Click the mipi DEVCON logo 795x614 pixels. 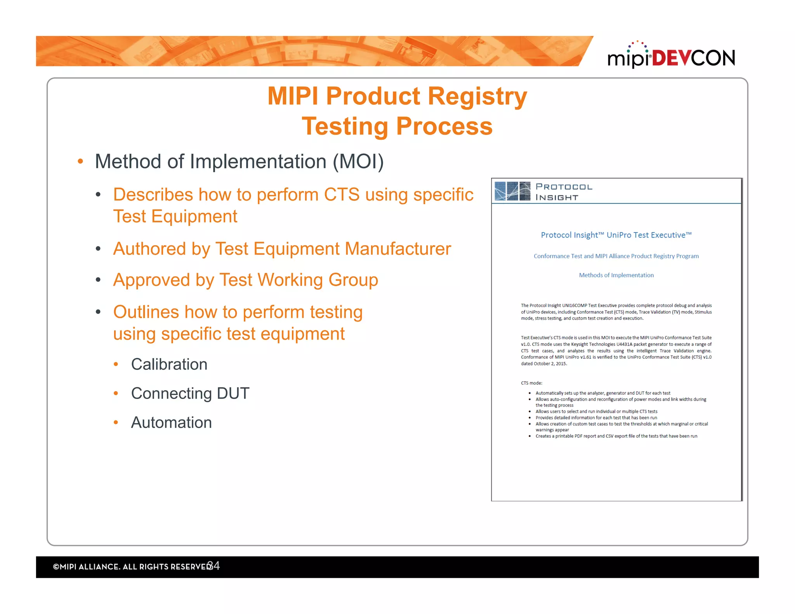pyautogui.click(x=671, y=57)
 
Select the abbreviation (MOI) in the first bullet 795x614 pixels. pyautogui.click(x=358, y=161)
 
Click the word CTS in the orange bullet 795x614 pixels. pyautogui.click(x=342, y=194)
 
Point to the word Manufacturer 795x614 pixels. pyautogui.click(x=398, y=249)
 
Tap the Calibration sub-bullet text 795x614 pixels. pyautogui.click(x=169, y=364)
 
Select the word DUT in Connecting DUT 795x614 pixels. pyautogui.click(x=233, y=394)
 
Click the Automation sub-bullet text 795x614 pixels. pyautogui.click(x=171, y=423)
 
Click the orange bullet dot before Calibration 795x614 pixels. pyautogui.click(x=116, y=364)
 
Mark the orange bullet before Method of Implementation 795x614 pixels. pyautogui.click(x=80, y=161)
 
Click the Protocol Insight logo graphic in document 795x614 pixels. pyautogui.click(x=512, y=191)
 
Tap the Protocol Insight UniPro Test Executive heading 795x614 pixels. pyautogui.click(x=616, y=235)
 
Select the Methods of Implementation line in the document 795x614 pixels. pyautogui.click(x=616, y=275)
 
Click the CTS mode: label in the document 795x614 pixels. pyautogui.click(x=531, y=383)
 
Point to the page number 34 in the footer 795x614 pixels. pyautogui.click(x=214, y=565)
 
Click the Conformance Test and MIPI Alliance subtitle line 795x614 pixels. pyautogui.click(x=616, y=256)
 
